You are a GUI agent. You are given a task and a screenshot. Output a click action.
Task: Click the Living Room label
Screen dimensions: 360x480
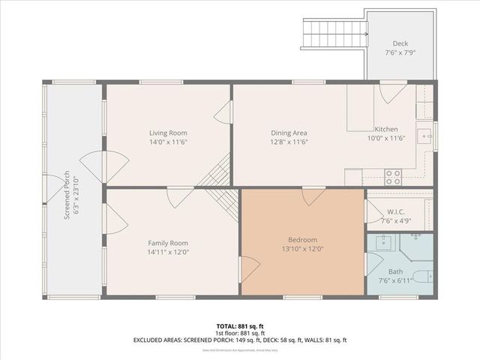tap(167, 133)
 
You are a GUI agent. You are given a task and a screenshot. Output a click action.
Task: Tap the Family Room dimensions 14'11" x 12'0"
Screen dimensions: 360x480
tap(167, 253)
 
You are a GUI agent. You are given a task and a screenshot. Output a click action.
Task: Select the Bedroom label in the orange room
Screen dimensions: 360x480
tap(302, 239)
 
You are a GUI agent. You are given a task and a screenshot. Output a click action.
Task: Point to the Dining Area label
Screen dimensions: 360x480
tap(289, 133)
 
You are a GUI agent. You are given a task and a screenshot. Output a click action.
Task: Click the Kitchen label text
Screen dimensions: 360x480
tap(386, 129)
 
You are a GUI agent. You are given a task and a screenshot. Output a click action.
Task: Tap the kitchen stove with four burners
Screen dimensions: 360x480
tap(393, 177)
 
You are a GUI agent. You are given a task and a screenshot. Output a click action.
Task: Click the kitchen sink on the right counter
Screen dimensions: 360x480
tap(425, 137)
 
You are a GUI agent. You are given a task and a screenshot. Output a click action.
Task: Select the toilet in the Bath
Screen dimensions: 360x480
tap(424, 276)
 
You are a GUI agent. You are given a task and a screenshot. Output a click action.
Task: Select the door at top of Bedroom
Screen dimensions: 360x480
tap(312, 196)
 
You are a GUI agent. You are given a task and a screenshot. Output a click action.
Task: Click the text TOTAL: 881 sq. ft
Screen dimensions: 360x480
tap(239, 325)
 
